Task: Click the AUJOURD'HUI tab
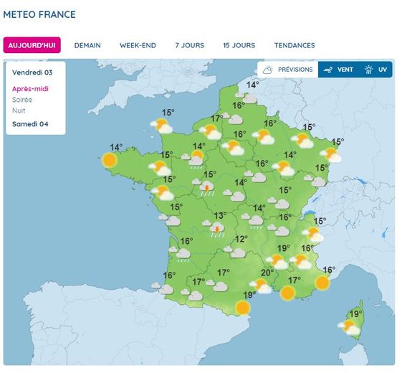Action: [x=32, y=45]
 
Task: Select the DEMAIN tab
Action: [x=87, y=45]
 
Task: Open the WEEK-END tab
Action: [x=138, y=45]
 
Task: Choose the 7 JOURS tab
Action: [x=189, y=45]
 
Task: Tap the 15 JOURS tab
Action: [x=239, y=45]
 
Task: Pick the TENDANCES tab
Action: [x=295, y=45]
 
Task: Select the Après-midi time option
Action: [x=30, y=89]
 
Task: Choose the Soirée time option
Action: [x=22, y=100]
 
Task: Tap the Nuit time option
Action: [x=19, y=110]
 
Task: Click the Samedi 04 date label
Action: [x=30, y=123]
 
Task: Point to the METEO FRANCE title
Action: [x=39, y=14]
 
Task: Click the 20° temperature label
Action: [x=267, y=272]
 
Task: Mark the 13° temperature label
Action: [x=220, y=215]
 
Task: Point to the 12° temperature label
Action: [x=241, y=239]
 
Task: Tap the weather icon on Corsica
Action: [x=350, y=327]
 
